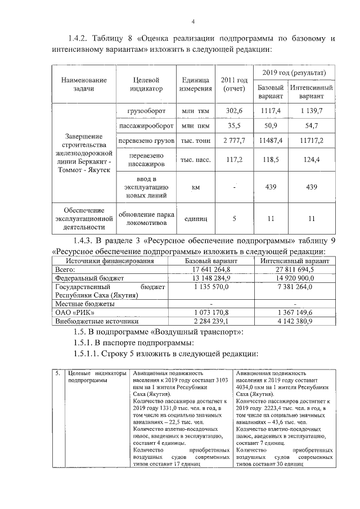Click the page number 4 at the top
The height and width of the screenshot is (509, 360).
[192, 21]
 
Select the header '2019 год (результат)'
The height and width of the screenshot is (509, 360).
[295, 74]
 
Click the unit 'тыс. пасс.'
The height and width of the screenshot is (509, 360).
[195, 160]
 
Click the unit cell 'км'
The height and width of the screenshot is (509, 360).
[195, 187]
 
